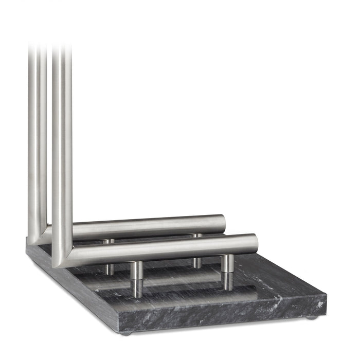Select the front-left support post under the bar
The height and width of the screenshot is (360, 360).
(136, 279)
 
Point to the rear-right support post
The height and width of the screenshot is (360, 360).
(197, 251)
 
